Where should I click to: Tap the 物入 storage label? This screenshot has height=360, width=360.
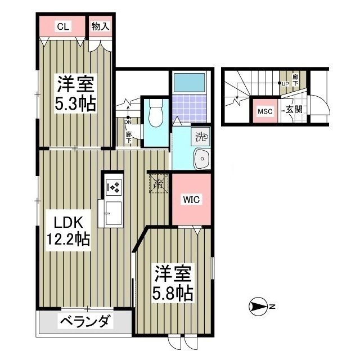click(x=101, y=26)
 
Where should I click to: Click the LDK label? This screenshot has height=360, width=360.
click(x=62, y=220)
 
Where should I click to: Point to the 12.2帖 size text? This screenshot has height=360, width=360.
click(x=67, y=239)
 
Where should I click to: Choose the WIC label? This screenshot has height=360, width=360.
click(x=190, y=199)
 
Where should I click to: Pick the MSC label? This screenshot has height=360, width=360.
click(x=265, y=111)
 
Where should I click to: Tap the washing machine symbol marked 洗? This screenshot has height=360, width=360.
click(x=201, y=136)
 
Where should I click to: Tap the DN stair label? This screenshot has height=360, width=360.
click(x=128, y=121)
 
